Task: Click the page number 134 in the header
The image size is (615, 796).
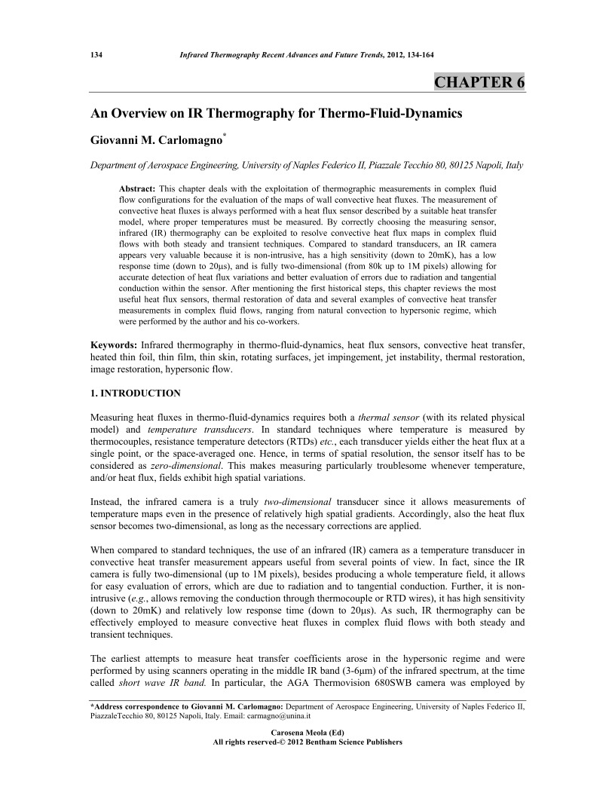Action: (x=96, y=55)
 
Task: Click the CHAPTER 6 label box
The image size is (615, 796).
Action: (x=479, y=82)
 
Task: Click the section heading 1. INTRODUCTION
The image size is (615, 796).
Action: (x=136, y=393)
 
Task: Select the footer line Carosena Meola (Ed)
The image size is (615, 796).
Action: (x=308, y=732)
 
